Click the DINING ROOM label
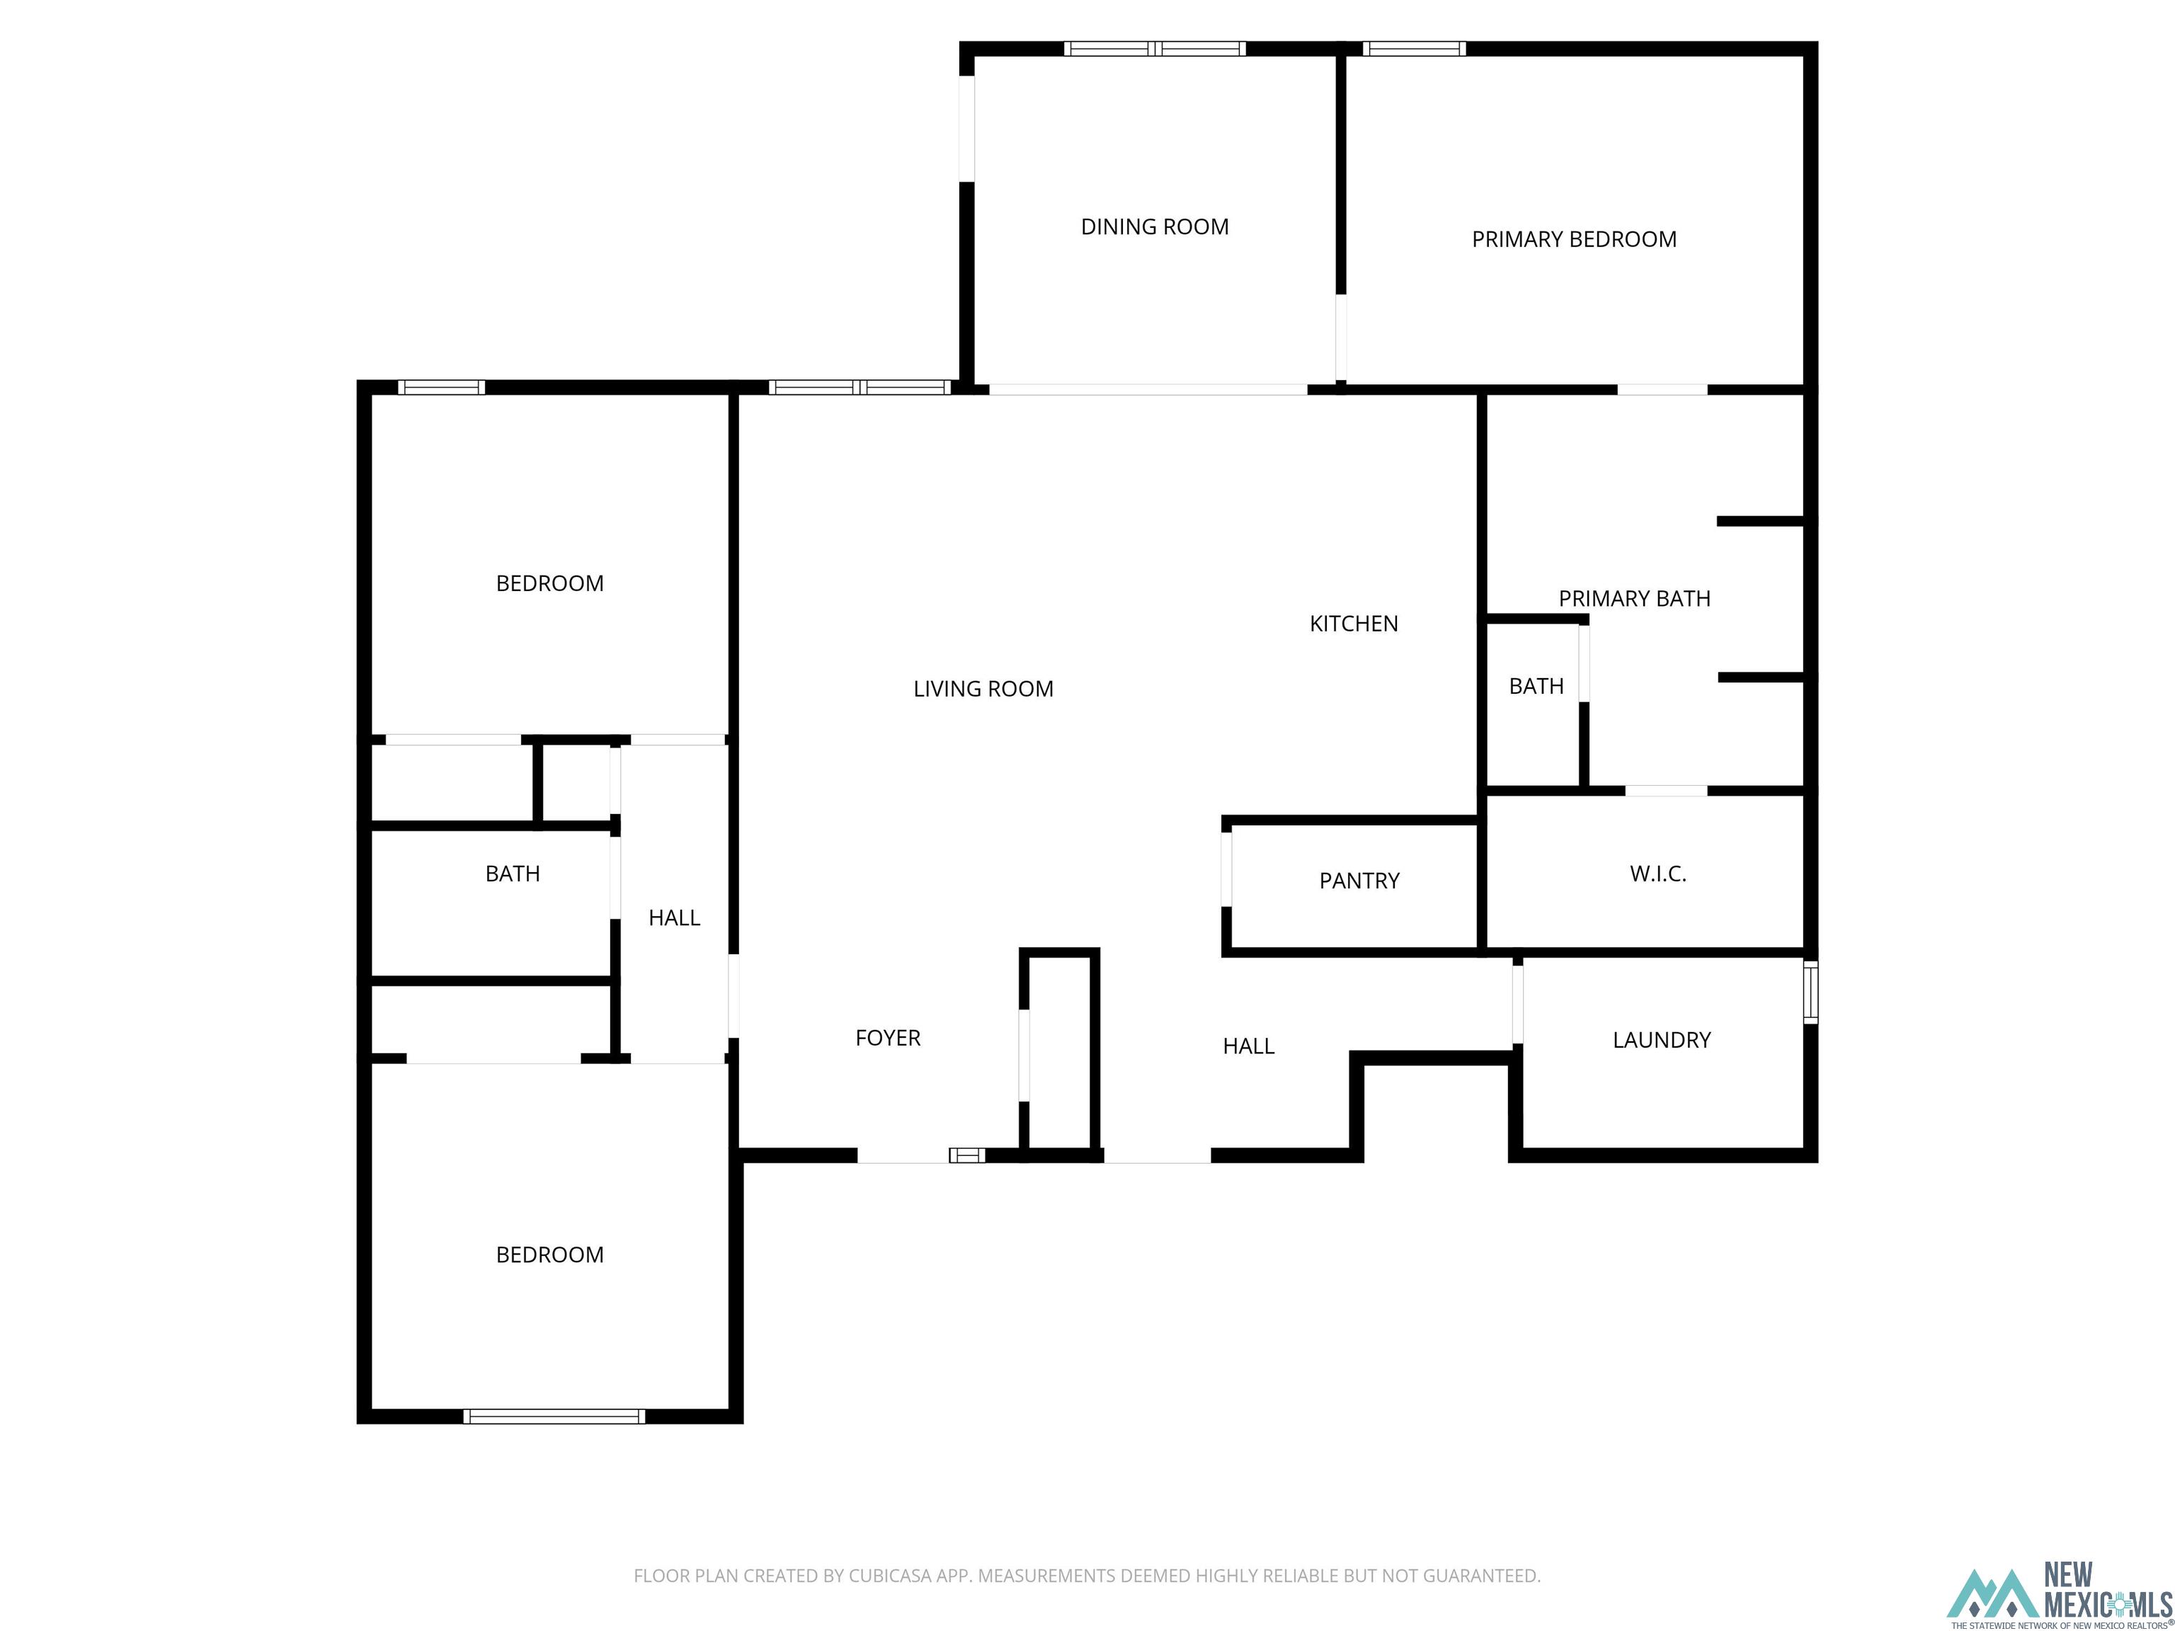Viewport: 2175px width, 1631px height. point(1154,227)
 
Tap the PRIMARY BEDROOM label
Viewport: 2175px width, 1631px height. point(1573,239)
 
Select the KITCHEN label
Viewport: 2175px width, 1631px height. point(1353,623)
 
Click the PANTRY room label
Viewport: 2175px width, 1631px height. point(1359,881)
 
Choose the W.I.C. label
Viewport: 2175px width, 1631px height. point(1657,873)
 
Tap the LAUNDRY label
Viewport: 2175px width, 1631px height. point(1661,1040)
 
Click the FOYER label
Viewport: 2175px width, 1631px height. point(887,1038)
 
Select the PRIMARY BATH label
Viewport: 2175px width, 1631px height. point(1633,599)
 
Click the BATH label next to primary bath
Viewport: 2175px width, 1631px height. point(1535,686)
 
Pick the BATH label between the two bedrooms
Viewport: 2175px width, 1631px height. point(513,874)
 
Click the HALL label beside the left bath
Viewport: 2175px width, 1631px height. point(673,918)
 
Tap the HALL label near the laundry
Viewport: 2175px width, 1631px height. point(1248,1047)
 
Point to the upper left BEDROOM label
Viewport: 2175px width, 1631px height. point(549,584)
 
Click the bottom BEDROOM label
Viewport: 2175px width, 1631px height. point(549,1255)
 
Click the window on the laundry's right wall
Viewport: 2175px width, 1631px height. point(1810,993)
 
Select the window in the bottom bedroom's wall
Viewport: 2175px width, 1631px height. point(554,1417)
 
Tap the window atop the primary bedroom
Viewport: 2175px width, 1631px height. point(1413,48)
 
